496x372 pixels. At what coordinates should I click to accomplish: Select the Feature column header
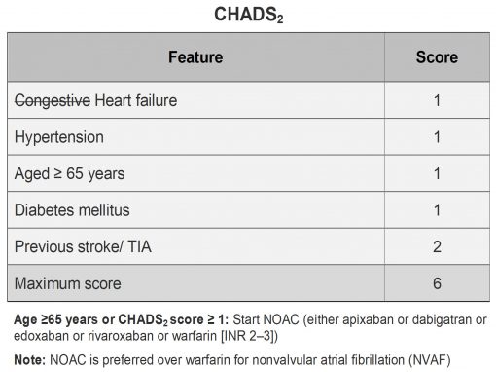click(195, 57)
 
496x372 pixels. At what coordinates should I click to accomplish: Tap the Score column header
click(437, 57)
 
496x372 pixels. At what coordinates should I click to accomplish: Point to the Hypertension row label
click(58, 137)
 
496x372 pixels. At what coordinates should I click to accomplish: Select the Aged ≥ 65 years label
click(68, 173)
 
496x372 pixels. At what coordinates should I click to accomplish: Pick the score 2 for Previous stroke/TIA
click(437, 246)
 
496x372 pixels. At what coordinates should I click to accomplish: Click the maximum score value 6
click(437, 282)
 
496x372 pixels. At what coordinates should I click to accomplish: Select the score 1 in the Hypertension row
click(437, 137)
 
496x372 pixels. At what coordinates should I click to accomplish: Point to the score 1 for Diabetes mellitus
click(437, 209)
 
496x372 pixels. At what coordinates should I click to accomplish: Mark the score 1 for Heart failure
click(437, 100)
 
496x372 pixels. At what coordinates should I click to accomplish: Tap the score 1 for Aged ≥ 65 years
click(437, 173)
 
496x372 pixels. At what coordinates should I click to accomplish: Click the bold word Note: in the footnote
click(31, 355)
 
